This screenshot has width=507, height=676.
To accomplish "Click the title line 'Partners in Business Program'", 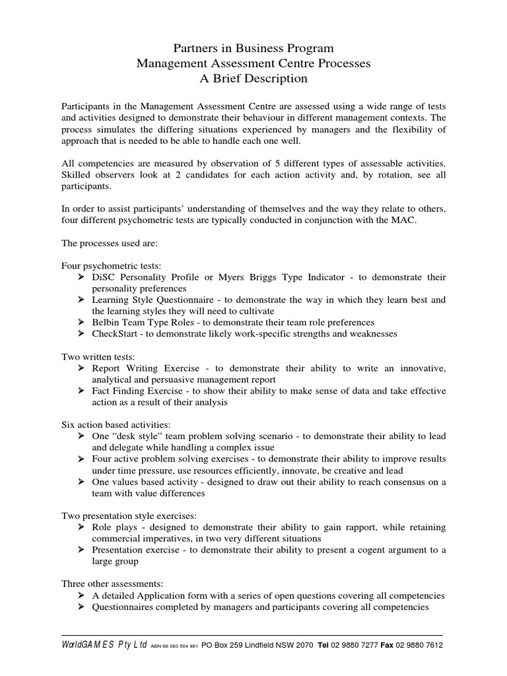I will pos(253,49).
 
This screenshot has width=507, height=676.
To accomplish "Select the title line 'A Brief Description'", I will pos(253,79).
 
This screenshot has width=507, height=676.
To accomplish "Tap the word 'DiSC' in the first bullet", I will pos(105,277).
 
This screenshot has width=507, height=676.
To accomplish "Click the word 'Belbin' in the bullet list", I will pos(106,322).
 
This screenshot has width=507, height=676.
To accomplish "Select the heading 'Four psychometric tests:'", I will pos(111,266).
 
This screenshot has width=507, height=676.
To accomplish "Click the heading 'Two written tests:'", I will pos(98,356).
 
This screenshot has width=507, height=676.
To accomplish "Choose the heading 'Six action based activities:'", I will pos(116,424).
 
